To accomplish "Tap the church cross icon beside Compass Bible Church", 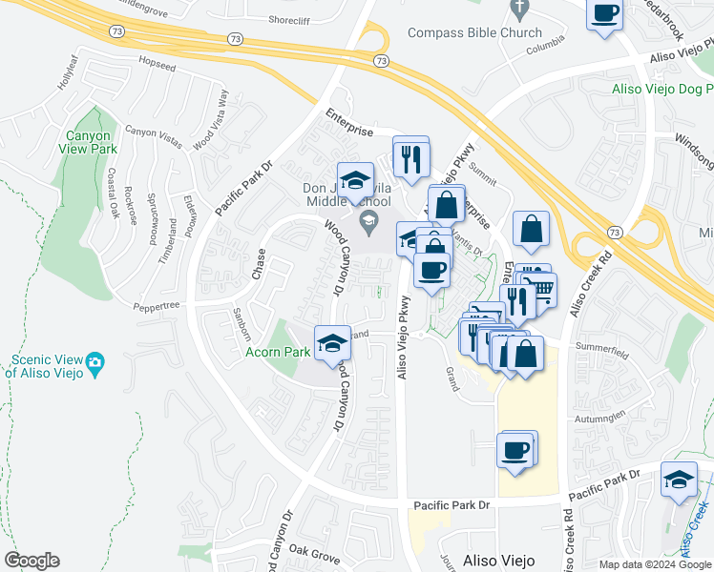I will tap(520, 10).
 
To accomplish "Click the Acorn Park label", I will tap(279, 352).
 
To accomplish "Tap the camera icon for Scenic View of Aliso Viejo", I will tap(94, 361).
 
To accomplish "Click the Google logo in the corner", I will tap(31, 561).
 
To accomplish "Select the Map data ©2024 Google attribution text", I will tap(655, 564).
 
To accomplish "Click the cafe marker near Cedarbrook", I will tap(606, 15).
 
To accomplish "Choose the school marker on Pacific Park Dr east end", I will tap(679, 480).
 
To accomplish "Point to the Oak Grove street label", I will tap(314, 552).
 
